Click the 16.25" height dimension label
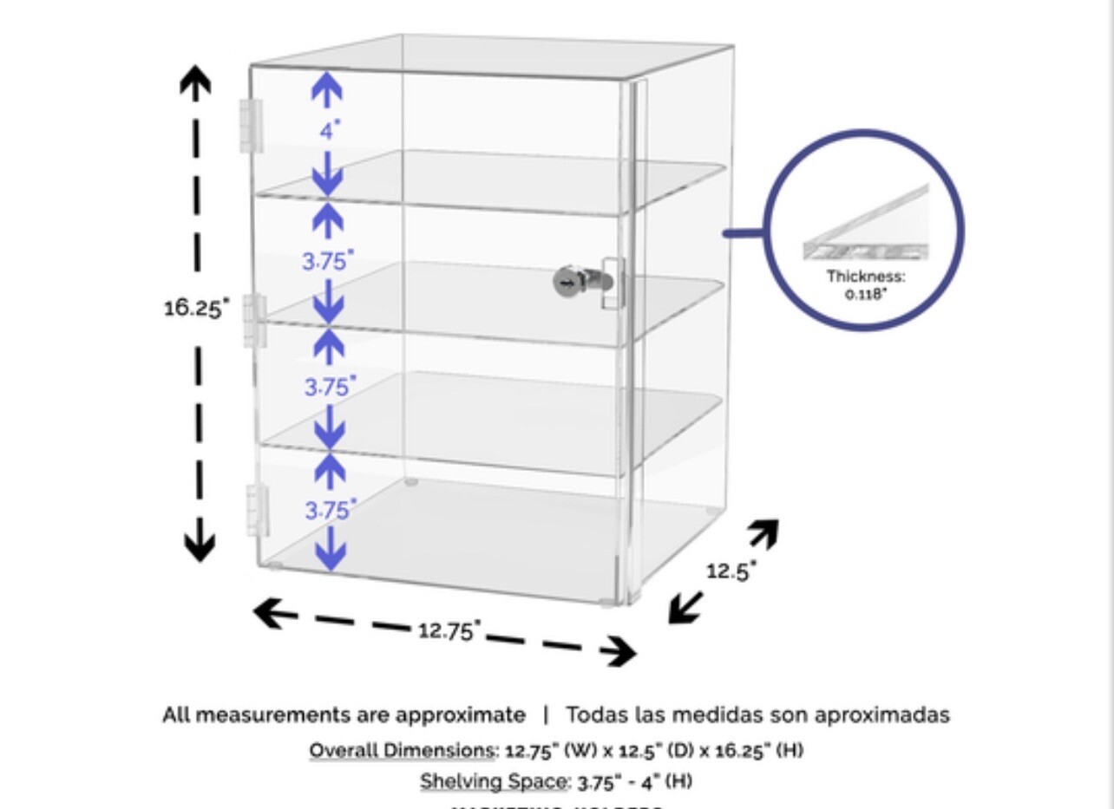[196, 307]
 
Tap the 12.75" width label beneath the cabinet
[449, 630]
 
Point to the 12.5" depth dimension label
[731, 571]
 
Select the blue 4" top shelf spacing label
[330, 131]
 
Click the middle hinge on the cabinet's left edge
[253, 320]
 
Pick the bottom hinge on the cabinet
[258, 510]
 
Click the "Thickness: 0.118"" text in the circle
[865, 284]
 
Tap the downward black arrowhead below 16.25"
[200, 546]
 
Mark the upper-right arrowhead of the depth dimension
[763, 532]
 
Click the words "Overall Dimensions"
[401, 750]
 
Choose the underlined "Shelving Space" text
[493, 781]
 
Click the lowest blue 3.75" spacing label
[331, 511]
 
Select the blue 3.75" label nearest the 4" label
[328, 260]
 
